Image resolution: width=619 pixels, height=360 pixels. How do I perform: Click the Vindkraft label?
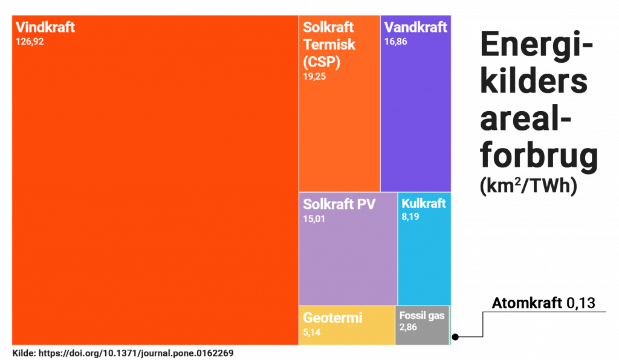click(45, 28)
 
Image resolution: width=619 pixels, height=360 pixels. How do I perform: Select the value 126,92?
click(30, 42)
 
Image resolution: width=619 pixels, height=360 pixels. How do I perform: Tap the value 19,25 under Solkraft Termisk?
click(314, 76)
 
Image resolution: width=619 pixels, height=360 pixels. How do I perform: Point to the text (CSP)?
click(322, 62)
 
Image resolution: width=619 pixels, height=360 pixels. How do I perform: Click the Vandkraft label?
click(415, 28)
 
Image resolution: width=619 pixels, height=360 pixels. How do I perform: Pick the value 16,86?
click(395, 42)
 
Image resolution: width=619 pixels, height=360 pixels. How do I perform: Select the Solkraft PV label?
click(339, 204)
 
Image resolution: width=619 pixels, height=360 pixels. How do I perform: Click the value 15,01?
click(314, 219)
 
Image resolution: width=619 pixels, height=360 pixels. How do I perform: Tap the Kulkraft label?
click(424, 203)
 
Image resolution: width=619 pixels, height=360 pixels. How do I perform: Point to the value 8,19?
click(410, 217)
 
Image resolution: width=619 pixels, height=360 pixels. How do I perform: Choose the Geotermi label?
click(332, 318)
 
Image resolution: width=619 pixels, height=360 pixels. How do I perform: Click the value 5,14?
click(312, 332)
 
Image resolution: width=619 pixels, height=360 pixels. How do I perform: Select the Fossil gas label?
click(421, 315)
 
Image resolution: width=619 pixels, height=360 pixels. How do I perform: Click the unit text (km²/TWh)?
click(528, 185)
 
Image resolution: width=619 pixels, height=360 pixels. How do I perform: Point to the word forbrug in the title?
click(539, 155)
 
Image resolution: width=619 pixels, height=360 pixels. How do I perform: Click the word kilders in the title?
click(533, 82)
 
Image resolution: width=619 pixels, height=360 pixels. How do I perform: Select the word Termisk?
click(329, 45)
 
